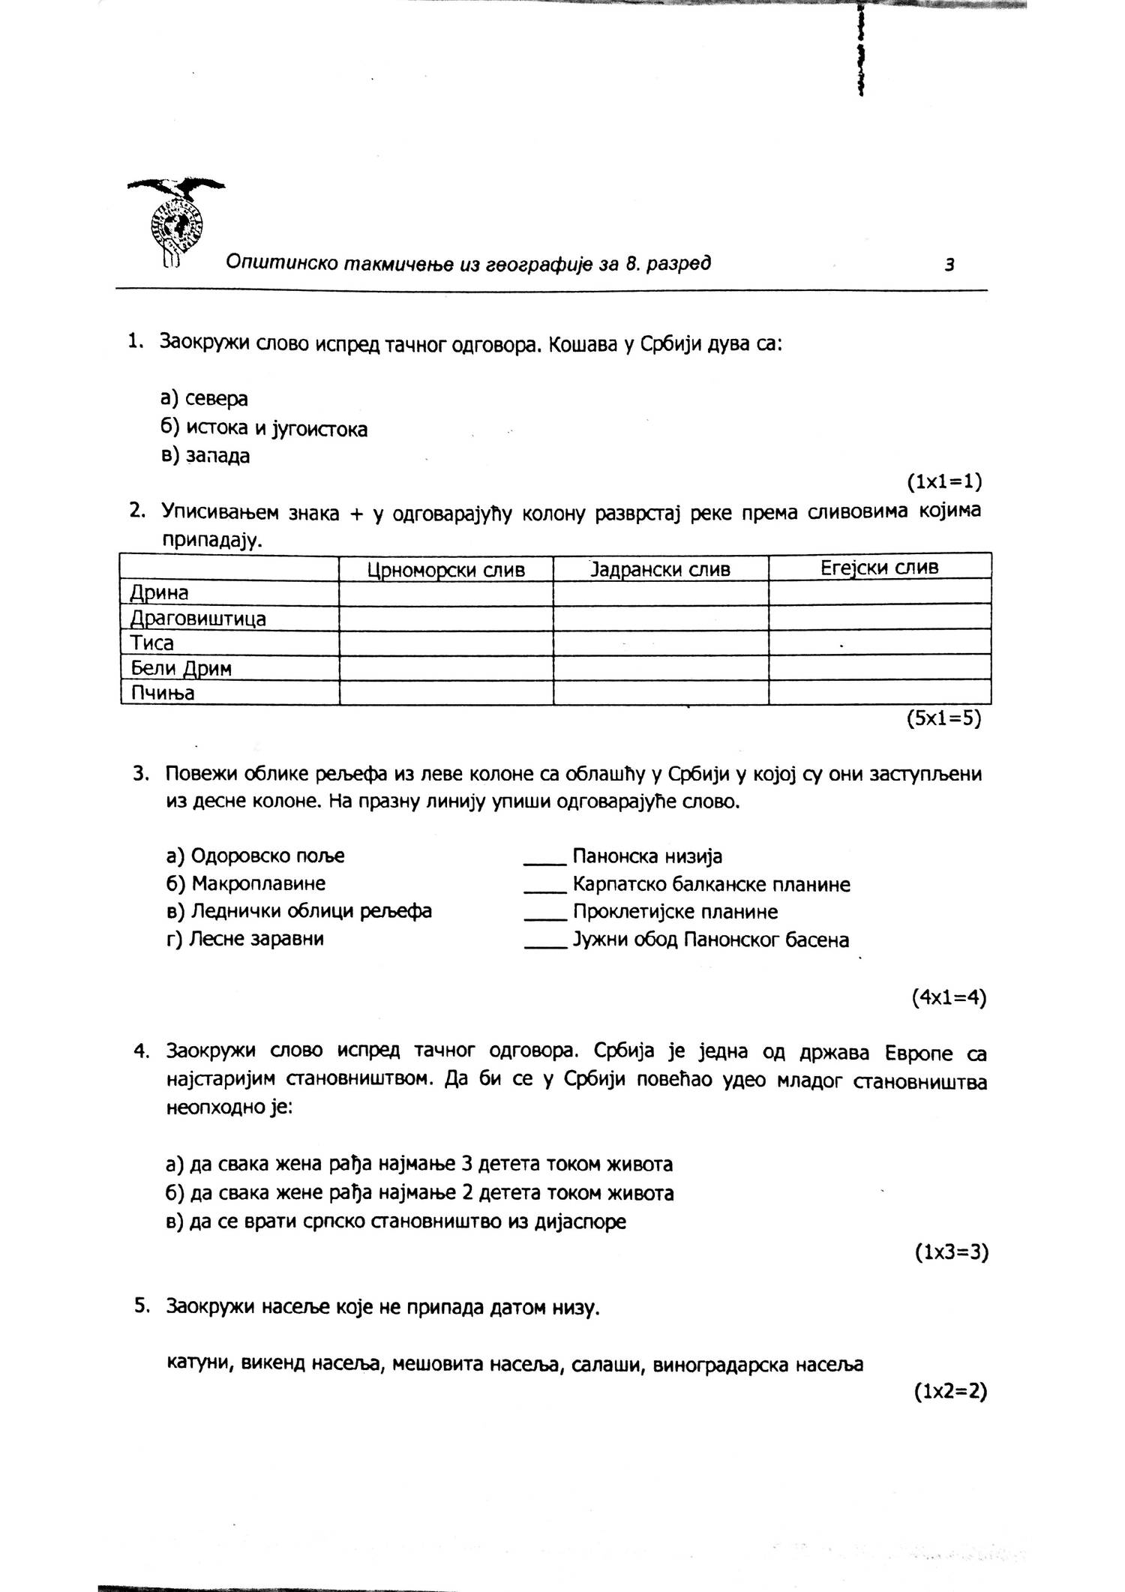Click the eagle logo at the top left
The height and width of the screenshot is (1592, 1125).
pyautogui.click(x=177, y=220)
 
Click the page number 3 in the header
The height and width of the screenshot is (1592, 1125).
pyautogui.click(x=949, y=265)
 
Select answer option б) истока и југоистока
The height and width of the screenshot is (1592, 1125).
pyautogui.click(x=264, y=429)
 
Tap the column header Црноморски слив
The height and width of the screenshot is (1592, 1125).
pyautogui.click(x=445, y=570)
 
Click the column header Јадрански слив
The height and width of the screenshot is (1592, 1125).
pyautogui.click(x=660, y=570)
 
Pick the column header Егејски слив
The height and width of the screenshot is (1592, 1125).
pyautogui.click(x=879, y=568)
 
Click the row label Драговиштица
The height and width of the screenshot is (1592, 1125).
pyautogui.click(x=199, y=619)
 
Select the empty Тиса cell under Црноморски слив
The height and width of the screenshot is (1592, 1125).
pyautogui.click(x=445, y=643)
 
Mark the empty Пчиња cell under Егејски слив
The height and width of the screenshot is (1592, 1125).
pyautogui.click(x=879, y=692)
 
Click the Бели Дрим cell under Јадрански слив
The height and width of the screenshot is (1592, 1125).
pyautogui.click(x=660, y=667)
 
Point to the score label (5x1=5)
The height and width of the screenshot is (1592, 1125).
pyautogui.click(x=943, y=718)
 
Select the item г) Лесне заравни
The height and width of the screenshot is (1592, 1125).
pyautogui.click(x=245, y=939)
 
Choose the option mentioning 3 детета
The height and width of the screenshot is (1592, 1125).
pyautogui.click(x=418, y=1164)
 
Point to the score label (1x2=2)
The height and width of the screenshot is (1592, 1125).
pyautogui.click(x=949, y=1392)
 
